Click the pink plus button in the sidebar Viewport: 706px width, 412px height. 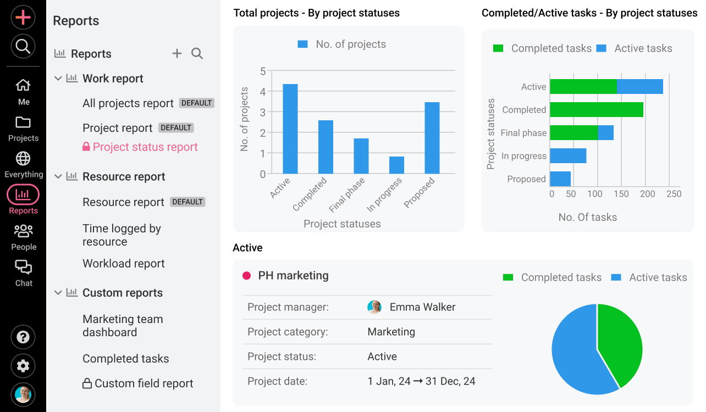[x=23, y=18]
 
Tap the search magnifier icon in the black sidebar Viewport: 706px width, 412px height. [x=23, y=47]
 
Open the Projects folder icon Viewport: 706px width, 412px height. [x=23, y=123]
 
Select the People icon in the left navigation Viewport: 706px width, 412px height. [x=23, y=231]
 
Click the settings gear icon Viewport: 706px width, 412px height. [x=23, y=366]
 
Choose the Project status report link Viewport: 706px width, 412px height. [x=145, y=147]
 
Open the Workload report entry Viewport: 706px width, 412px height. [x=124, y=264]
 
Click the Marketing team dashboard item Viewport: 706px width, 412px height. [x=123, y=326]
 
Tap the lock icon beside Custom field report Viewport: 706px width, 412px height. [x=87, y=383]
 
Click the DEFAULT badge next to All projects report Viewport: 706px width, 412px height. [x=196, y=103]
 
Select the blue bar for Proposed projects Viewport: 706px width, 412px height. [x=432, y=138]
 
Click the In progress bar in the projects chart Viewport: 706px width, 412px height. [x=396, y=165]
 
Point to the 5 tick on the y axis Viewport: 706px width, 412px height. [x=263, y=71]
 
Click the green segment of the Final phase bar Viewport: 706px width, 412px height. [x=573, y=133]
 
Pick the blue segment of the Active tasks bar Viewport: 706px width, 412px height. [x=639, y=87]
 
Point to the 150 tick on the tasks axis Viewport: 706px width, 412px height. [x=621, y=194]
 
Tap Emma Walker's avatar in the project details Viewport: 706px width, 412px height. [x=374, y=307]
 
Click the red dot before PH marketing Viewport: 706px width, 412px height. [x=246, y=276]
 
